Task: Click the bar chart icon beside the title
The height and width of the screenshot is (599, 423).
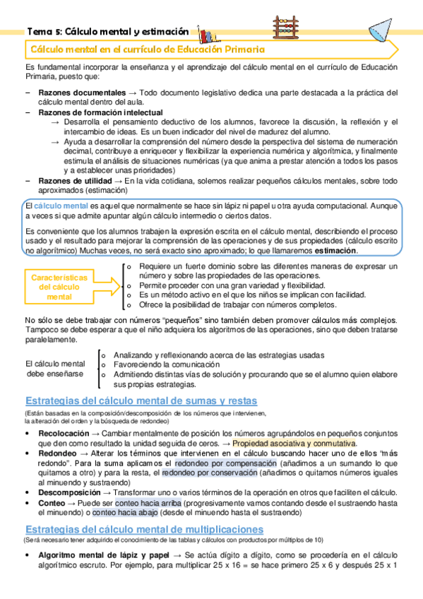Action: click(x=207, y=33)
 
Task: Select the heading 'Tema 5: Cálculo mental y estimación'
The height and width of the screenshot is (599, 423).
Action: click(x=107, y=31)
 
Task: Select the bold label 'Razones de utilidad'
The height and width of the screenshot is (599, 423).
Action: click(x=73, y=181)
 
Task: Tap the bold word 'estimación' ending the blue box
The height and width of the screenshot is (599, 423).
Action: click(x=335, y=250)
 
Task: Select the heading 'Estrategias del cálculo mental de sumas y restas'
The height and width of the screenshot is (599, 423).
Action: click(x=141, y=400)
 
